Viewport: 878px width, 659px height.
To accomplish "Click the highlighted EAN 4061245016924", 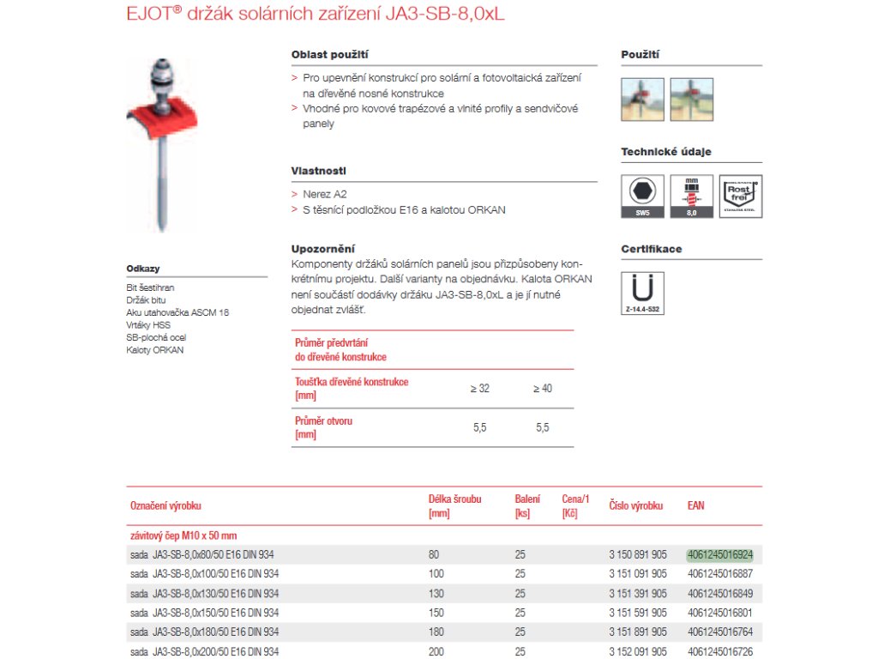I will [x=719, y=554].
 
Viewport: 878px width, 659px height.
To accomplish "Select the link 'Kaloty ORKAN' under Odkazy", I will [x=155, y=350].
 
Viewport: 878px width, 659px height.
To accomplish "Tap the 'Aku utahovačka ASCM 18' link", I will [x=177, y=312].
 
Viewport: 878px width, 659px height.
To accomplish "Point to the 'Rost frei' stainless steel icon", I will [x=741, y=196].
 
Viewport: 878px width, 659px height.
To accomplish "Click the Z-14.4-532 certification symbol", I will [x=642, y=293].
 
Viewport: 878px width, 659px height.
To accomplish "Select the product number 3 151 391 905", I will [x=638, y=594].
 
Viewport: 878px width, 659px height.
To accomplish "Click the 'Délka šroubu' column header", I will [x=454, y=505].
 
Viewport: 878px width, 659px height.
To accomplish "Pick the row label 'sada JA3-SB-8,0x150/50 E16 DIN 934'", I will [x=204, y=613].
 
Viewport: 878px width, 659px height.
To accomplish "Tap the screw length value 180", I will [x=436, y=632].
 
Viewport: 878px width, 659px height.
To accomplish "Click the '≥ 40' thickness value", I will [x=543, y=389].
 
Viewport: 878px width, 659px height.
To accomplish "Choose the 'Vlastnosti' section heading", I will [x=319, y=171].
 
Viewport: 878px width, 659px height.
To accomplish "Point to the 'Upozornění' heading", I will [x=323, y=248].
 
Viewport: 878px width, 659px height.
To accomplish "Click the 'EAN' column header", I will [x=695, y=505].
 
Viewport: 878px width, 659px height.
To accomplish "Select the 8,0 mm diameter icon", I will [x=692, y=196].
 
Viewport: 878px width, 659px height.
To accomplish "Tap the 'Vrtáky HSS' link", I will [x=148, y=325].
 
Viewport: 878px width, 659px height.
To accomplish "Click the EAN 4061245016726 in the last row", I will [x=719, y=652].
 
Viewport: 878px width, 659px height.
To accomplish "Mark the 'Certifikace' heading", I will [x=651, y=249].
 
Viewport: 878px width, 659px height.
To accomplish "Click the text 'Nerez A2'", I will [x=325, y=195].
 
